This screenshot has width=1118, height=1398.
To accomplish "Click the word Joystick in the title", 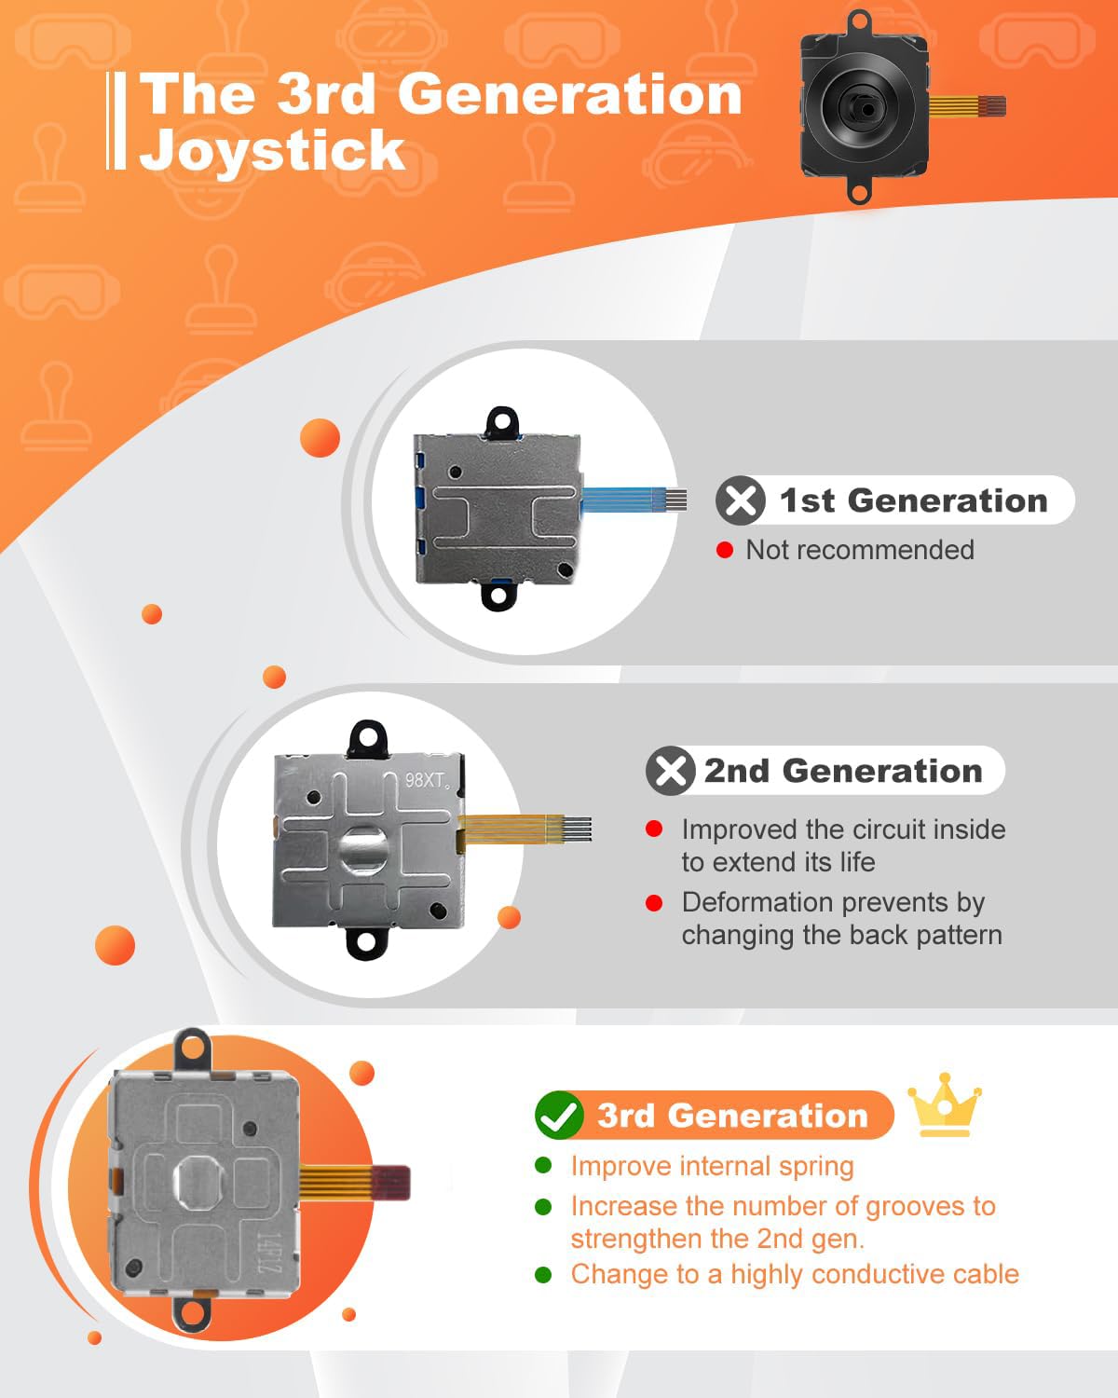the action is coord(273,151).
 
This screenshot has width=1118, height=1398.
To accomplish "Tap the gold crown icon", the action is coord(945,1104).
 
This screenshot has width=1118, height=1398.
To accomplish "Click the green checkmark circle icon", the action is coord(559,1115).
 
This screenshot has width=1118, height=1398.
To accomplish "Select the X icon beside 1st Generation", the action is coord(740,500).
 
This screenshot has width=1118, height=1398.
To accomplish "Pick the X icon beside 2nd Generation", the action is coord(671,771).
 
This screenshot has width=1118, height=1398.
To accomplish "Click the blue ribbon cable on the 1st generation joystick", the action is coord(634,500).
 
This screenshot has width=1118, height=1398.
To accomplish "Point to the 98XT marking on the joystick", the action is coord(427,779).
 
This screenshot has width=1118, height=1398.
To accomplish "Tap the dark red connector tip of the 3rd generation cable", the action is coord(391,1183).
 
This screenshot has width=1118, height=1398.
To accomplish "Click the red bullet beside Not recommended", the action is coord(724,550).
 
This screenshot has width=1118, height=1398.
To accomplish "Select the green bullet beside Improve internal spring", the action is coord(543,1165).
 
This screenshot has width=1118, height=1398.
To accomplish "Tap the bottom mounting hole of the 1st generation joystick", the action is coord(498,595).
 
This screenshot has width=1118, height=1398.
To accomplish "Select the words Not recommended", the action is coord(859,550).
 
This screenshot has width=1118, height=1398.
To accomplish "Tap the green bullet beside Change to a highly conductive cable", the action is coord(543,1274).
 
